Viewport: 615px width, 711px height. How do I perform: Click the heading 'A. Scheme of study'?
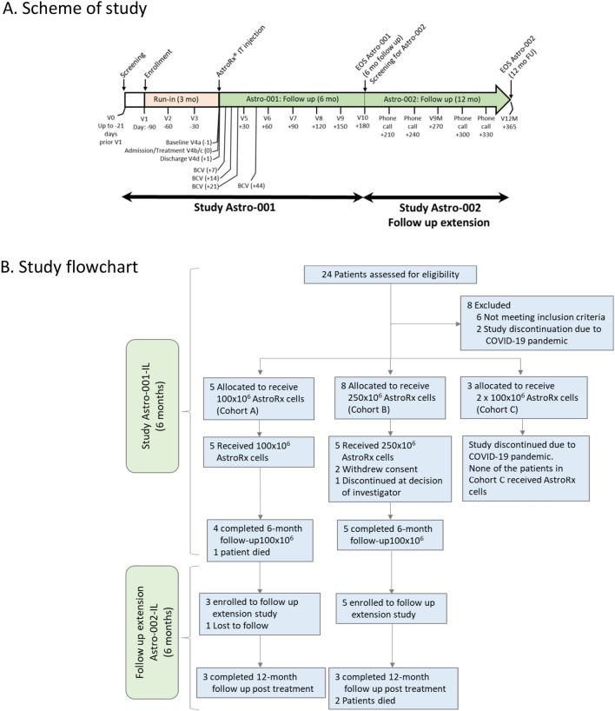[x=79, y=13]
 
